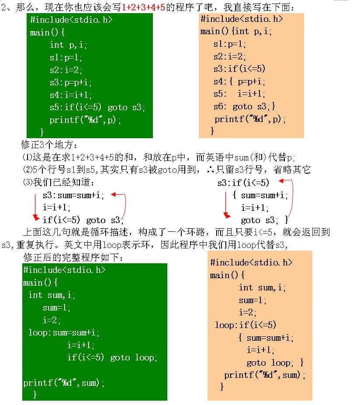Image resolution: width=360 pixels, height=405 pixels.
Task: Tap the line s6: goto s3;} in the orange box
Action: click(244, 106)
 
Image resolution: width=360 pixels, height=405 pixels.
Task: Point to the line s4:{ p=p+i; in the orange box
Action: click(239, 81)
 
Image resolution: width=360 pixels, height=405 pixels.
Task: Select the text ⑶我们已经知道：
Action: click(58, 182)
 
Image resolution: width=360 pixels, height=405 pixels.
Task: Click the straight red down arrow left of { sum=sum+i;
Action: click(226, 204)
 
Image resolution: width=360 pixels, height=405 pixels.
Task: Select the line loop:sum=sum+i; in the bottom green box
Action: click(64, 333)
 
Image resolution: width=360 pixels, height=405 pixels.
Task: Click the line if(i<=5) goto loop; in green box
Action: click(112, 358)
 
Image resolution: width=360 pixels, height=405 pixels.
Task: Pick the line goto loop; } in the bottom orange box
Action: click(275, 363)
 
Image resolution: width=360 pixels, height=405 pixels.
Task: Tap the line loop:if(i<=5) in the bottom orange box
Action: click(245, 325)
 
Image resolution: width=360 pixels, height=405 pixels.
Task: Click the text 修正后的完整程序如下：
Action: click(73, 258)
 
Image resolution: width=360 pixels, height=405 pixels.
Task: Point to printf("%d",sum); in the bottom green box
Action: click(64, 383)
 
